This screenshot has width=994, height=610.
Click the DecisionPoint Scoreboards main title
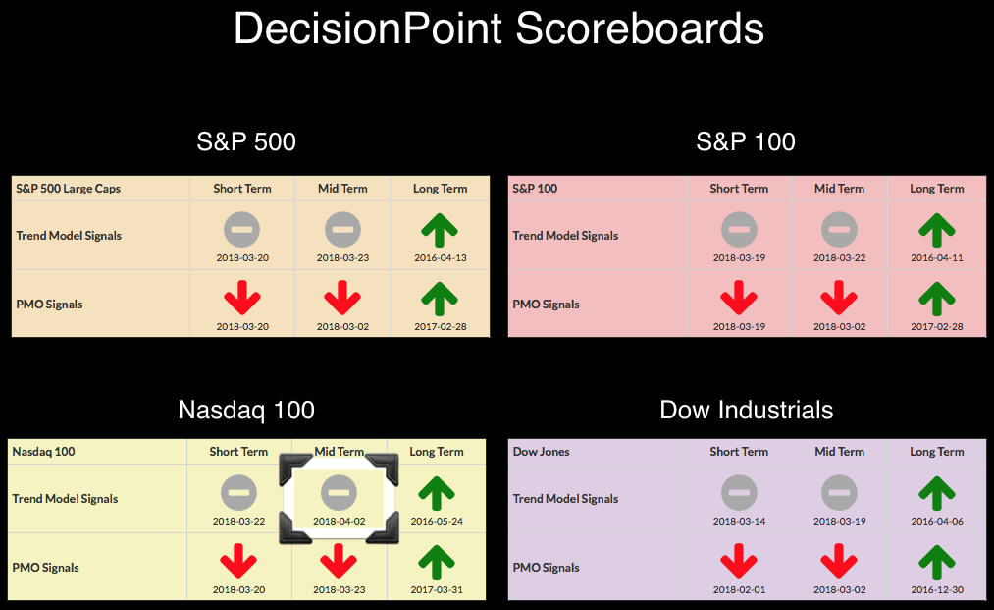pos(498,28)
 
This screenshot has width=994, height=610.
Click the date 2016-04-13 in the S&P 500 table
pos(441,257)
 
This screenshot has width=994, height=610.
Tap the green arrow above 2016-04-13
pos(440,230)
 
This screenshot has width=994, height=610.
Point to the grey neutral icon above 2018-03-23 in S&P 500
pos(343,230)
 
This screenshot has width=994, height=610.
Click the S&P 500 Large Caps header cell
pos(68,189)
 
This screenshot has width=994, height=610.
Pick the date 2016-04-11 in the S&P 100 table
pos(937,257)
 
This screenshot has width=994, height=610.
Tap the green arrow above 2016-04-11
pos(937,230)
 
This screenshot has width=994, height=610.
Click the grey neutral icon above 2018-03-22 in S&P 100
pos(839,230)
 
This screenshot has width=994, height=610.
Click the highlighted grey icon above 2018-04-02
pos(340,492)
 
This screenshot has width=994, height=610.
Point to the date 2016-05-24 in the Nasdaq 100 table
pos(437,522)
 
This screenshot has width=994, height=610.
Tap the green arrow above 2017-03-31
pos(437,562)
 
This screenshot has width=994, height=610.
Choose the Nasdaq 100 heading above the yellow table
pos(246,410)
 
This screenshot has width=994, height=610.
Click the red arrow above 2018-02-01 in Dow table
pos(739,562)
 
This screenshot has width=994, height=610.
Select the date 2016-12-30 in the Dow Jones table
pos(937,589)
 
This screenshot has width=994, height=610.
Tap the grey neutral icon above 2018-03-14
pos(739,492)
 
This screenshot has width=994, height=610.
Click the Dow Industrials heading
pos(746,410)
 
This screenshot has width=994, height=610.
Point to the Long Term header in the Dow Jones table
pos(937,452)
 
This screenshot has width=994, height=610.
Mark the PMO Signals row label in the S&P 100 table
pos(546,305)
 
